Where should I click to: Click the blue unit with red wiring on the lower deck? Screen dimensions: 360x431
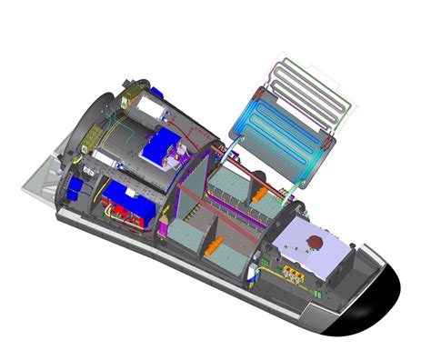pyautogui.click(x=132, y=204)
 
